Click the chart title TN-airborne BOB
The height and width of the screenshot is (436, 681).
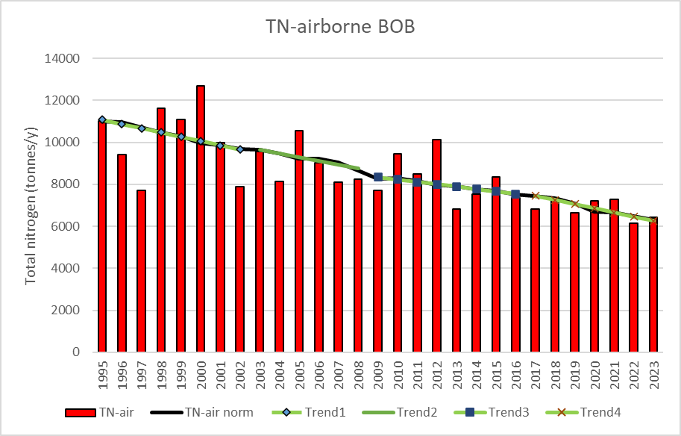pyautogui.click(x=340, y=27)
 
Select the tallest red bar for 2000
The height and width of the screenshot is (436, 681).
pyautogui.click(x=200, y=219)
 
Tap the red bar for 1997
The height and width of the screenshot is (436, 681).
pyautogui.click(x=141, y=271)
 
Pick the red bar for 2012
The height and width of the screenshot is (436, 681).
pyautogui.click(x=436, y=246)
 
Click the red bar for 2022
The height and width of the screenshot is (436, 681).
pyautogui.click(x=634, y=287)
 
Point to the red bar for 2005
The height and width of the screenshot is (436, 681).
pyautogui.click(x=299, y=241)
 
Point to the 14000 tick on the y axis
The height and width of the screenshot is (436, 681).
pyautogui.click(x=62, y=58)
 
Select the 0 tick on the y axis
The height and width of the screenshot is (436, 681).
pyautogui.click(x=76, y=352)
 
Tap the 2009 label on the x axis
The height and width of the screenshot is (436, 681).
pyautogui.click(x=378, y=375)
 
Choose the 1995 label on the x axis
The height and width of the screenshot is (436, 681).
pyautogui.click(x=102, y=375)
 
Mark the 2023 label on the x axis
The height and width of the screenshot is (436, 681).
pyautogui.click(x=653, y=375)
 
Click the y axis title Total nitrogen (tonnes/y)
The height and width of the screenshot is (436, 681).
pyautogui.click(x=31, y=206)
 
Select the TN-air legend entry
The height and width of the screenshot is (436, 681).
pyautogui.click(x=99, y=412)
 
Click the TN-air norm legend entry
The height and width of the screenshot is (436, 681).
pyautogui.click(x=202, y=412)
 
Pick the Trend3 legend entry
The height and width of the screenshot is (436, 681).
pyautogui.click(x=492, y=412)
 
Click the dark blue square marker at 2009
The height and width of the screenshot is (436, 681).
pyautogui.click(x=378, y=177)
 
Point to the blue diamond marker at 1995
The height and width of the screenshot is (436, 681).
pyautogui.click(x=102, y=119)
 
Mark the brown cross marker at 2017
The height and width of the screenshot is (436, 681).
pyautogui.click(x=536, y=196)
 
